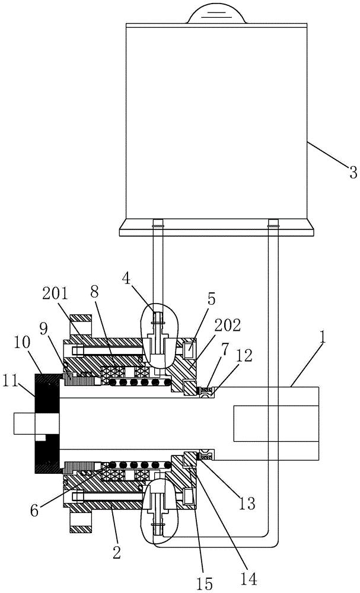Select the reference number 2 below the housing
[116, 553]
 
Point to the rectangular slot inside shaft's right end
[276, 423]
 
